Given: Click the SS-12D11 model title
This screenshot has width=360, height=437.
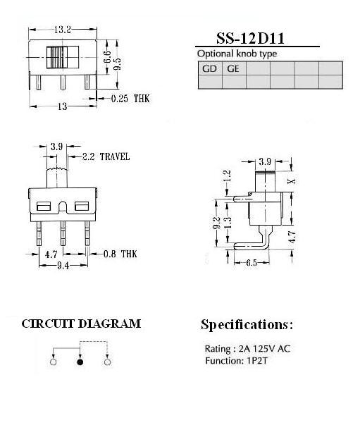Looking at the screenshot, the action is pos(250,39).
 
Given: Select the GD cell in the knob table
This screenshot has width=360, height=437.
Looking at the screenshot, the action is pos(210,68).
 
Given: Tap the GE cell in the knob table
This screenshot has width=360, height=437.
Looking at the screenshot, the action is pos(233,68).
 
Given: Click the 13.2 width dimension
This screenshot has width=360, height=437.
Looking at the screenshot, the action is pos(63,30).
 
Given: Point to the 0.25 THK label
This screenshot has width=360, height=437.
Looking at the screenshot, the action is pos(130,99).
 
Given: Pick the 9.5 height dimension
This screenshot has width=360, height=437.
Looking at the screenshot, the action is pos(117,64).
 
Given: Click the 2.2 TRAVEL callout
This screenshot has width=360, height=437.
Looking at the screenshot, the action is pos(106,156).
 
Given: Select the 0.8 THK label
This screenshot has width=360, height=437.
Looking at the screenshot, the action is pos(120,254).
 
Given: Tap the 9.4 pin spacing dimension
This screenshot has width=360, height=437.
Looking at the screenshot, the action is pos(63,266).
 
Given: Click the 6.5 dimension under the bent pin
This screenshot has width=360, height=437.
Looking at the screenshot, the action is pos(252,262).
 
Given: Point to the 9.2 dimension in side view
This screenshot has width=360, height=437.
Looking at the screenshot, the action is pos(217,223).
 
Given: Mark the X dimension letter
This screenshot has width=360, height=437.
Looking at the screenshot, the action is pos(292,181).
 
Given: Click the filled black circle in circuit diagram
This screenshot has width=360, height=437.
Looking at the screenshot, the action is pos(80,362).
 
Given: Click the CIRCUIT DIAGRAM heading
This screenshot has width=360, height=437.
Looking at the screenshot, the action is pos(81,324).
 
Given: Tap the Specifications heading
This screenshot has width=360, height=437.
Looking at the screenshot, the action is pos(247,325).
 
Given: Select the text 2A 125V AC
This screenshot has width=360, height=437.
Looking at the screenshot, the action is pos(264,349).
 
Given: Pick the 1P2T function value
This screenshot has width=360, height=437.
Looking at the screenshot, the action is pos(257,361).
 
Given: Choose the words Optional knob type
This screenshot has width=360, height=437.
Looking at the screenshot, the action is pos(237,54).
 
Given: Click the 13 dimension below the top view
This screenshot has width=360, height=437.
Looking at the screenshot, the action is pos(63,106).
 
